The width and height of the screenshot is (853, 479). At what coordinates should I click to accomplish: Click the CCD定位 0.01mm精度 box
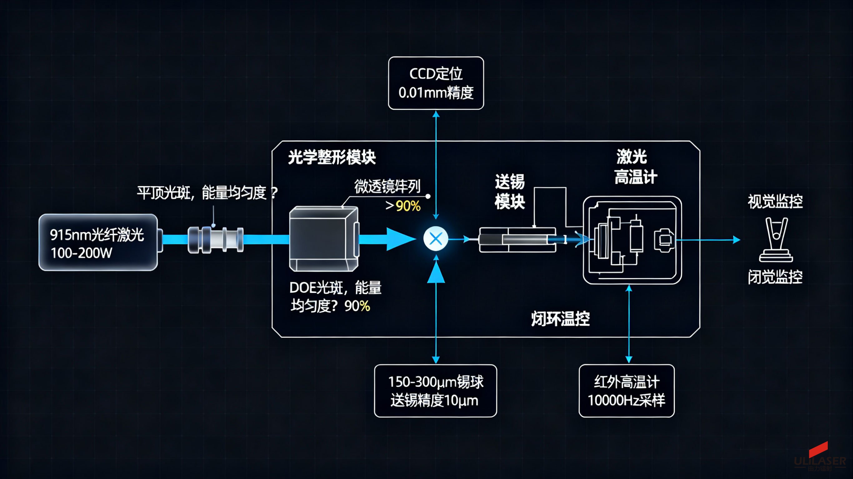coord(436,83)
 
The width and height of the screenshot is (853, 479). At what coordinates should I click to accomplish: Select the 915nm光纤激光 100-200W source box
coord(98,242)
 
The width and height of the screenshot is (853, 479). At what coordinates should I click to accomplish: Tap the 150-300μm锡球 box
coord(436,391)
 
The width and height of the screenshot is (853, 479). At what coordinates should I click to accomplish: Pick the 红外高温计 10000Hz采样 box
coord(626,391)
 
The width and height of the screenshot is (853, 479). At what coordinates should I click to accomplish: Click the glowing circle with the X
coord(436,238)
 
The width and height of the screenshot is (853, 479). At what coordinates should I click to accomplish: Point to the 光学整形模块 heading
coord(332,157)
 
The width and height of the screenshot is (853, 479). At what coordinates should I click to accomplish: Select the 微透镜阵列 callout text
coord(387,186)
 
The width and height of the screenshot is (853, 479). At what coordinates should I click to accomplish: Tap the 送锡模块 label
coord(510,192)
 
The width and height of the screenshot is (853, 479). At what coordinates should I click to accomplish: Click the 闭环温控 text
coord(560,319)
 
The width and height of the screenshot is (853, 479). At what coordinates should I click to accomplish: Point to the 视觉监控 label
coord(775,202)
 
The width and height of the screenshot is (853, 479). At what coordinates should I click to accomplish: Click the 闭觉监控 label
coord(775,277)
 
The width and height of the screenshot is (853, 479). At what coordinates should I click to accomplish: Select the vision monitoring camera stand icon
coord(776,240)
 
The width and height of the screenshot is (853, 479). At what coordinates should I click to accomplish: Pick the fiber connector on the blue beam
coord(216,240)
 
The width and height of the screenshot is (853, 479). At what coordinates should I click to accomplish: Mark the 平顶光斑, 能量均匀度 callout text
coord(207,193)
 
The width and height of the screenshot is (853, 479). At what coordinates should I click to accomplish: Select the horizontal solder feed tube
coord(517,240)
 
